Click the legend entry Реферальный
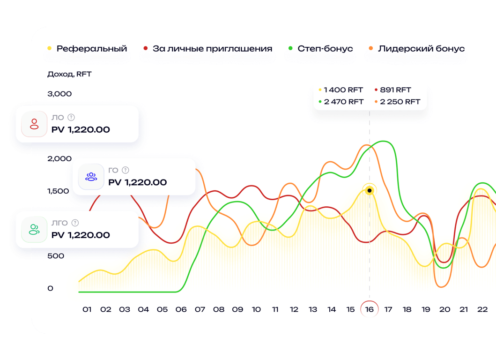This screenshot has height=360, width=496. (x=91, y=48)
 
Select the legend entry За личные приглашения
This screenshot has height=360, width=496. (x=212, y=48)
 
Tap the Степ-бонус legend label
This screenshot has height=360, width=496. (x=325, y=48)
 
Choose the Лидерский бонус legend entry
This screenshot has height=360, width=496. (x=421, y=48)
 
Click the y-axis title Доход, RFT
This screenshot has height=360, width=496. (x=69, y=74)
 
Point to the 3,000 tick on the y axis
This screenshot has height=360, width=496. (x=59, y=94)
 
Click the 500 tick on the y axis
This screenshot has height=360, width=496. (x=55, y=256)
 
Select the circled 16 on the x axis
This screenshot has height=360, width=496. (x=369, y=309)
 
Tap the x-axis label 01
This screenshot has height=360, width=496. (x=87, y=309)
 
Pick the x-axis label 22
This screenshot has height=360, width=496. (x=482, y=309)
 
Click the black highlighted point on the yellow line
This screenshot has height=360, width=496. (x=370, y=190)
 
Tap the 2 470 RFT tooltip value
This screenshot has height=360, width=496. (x=343, y=102)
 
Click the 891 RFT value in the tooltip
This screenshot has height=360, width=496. (x=396, y=90)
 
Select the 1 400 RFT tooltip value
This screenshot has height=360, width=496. (x=343, y=90)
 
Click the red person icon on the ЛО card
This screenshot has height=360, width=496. (x=34, y=124)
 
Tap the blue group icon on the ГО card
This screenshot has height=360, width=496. (x=91, y=177)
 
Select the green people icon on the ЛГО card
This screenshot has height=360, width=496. (x=34, y=229)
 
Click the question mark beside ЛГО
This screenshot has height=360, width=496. (x=75, y=223)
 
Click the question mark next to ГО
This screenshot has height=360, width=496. (x=125, y=171)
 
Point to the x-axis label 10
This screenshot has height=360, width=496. (x=256, y=309)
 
